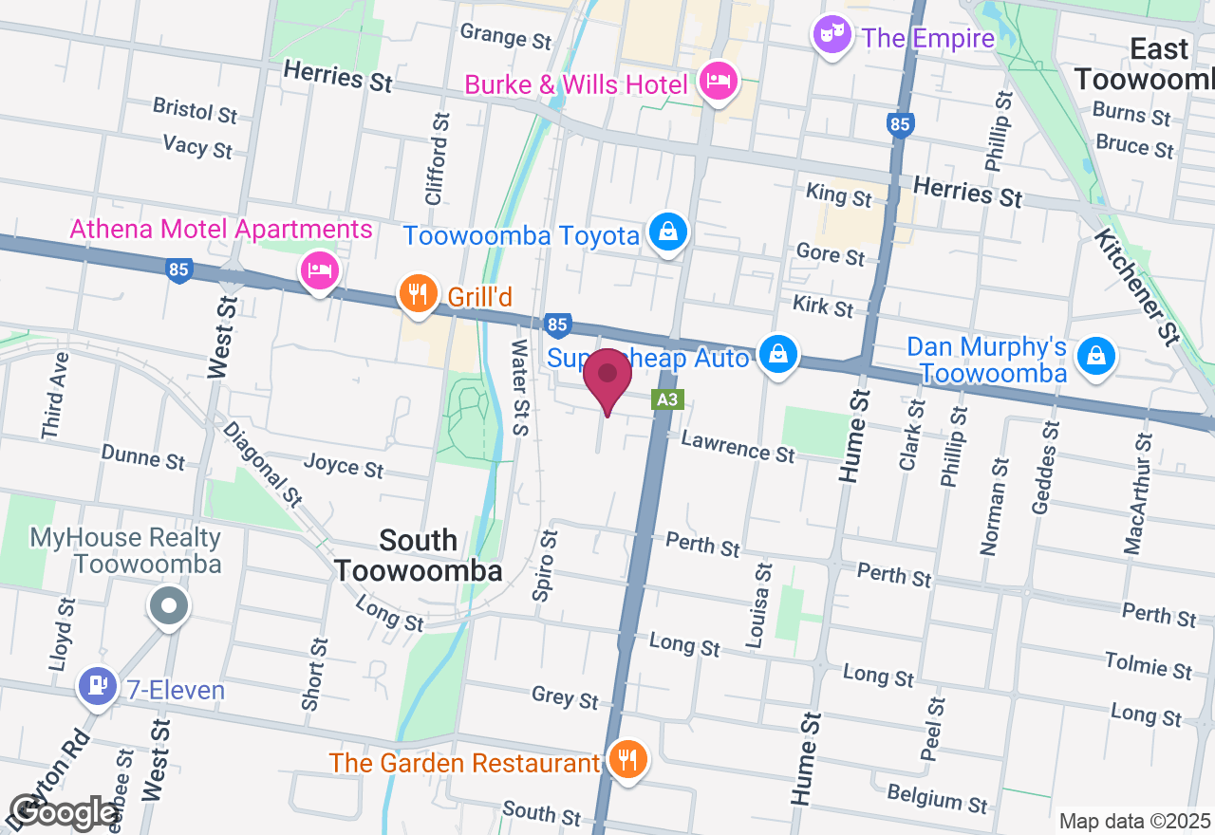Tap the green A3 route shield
coord(667,399)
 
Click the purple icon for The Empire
coord(832,36)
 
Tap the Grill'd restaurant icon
coord(418,293)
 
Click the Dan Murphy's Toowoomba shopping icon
coord(1096,356)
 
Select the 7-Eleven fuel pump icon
coord(97,686)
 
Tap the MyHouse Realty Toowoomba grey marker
coord(169,605)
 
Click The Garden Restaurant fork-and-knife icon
coord(626,760)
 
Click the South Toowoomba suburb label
coord(418,555)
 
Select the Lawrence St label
coord(738,446)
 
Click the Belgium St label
coord(936,798)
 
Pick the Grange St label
coord(505,37)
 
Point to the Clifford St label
coord(436,158)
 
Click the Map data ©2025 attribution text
coord(1134,821)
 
